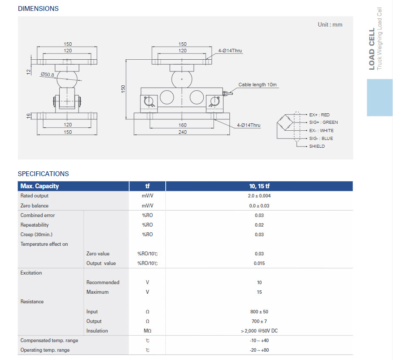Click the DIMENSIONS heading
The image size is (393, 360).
pos(38,9)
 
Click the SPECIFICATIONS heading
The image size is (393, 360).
pos(43,174)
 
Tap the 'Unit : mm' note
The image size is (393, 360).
pos(330,25)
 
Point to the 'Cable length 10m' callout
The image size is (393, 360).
pos(257,85)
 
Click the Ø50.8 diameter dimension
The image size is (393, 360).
pos(47,75)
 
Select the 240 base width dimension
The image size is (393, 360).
pos(182,132)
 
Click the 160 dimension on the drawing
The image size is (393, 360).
pos(182,125)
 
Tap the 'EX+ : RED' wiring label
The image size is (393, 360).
pos(319,115)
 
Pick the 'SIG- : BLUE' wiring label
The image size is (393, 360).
pos(321,138)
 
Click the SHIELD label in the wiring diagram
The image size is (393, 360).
pos(317,146)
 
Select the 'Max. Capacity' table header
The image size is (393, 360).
pos(40,186)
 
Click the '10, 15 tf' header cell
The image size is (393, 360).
pos(259,186)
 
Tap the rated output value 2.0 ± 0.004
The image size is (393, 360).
pos(259,196)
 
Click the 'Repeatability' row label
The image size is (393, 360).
pos(34,225)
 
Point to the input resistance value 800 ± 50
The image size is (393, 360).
pos(259,312)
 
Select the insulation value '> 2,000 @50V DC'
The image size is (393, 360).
pos(259,331)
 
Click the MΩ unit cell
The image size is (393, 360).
pos(147,331)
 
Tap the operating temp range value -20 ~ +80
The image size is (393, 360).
pos(259,350)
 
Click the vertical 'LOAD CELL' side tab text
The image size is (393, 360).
pos(372,49)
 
